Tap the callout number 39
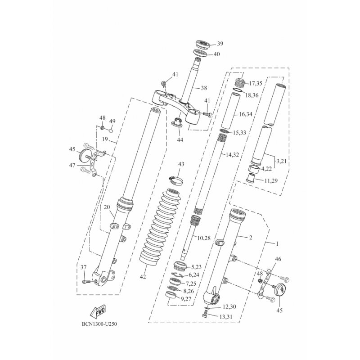[220, 44]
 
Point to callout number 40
[216, 54]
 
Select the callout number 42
[143, 277]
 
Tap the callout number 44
[180, 140]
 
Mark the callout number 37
[84, 268]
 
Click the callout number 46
[278, 260]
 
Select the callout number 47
[72, 166]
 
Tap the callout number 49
[112, 121]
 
